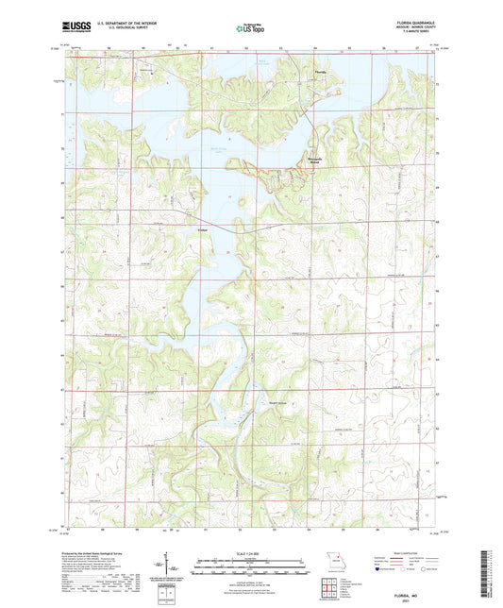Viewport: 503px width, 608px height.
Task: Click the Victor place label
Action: pyautogui.click(x=202, y=229)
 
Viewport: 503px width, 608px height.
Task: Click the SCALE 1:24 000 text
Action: pyautogui.click(x=252, y=553)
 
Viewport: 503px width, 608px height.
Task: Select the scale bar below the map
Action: pyautogui.click(x=252, y=566)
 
